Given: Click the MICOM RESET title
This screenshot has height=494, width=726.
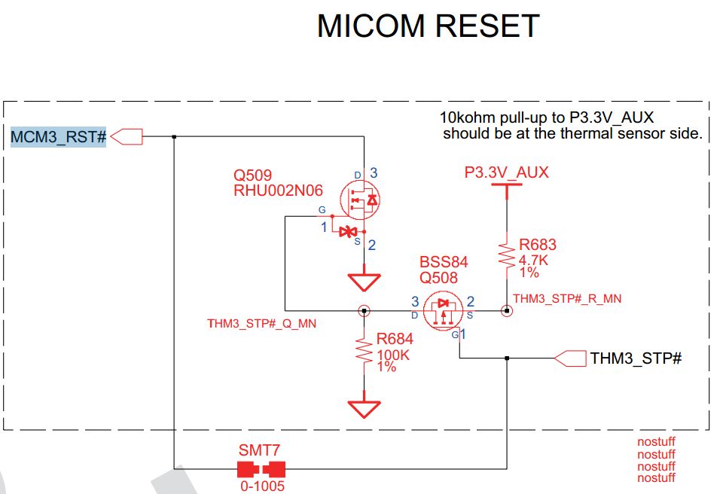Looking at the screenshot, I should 428,26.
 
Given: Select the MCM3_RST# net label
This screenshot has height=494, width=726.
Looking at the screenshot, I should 59,137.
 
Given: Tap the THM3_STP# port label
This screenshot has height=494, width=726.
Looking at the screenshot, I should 636,358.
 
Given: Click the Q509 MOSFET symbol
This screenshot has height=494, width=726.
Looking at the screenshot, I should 360,200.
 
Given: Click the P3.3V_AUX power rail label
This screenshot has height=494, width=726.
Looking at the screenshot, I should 506,172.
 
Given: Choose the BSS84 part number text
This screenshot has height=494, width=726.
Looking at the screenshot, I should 444,262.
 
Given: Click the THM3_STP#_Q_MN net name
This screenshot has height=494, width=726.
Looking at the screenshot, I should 261,324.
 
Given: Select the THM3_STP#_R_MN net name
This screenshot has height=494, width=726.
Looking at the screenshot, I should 567,298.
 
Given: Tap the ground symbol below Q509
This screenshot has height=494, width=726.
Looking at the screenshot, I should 364,282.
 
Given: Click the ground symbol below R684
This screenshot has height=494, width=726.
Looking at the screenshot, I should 364,408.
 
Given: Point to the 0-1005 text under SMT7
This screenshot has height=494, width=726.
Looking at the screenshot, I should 262,486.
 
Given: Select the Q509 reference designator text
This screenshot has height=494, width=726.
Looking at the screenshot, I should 252,175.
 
